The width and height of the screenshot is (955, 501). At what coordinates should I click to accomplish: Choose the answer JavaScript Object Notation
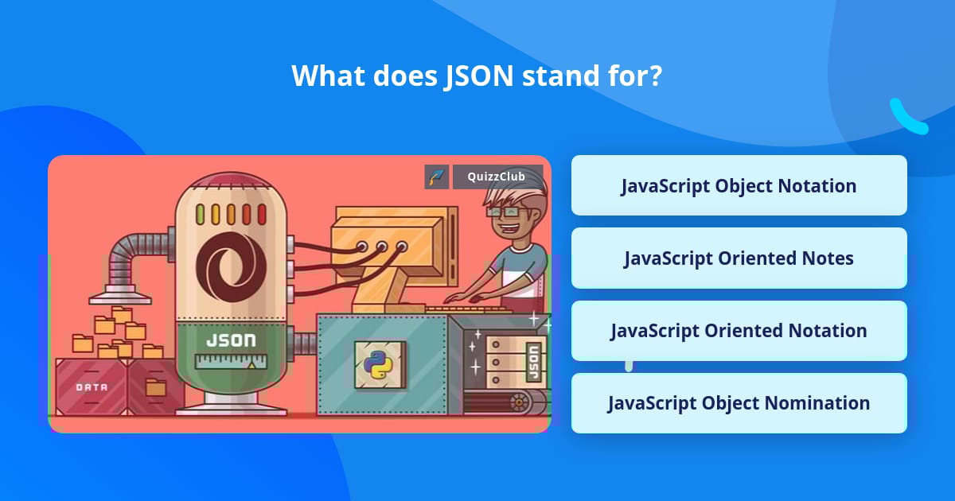tap(739, 186)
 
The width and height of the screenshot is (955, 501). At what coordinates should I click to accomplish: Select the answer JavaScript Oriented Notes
tap(739, 258)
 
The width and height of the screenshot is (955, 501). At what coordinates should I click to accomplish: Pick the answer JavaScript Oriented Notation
tap(739, 331)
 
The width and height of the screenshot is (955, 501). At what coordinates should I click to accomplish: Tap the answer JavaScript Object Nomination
tap(739, 403)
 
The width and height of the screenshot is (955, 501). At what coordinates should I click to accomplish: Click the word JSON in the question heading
tap(477, 76)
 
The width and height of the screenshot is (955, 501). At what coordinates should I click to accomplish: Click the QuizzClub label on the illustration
tap(497, 177)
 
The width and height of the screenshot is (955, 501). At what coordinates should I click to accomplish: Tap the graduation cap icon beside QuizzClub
tap(436, 177)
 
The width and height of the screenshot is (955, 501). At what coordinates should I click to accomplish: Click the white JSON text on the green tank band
tap(231, 340)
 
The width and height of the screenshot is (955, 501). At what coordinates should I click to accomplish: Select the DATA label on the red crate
tap(92, 387)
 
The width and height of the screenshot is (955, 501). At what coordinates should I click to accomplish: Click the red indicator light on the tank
tap(262, 214)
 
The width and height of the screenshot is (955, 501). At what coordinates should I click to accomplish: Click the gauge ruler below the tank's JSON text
tap(231, 363)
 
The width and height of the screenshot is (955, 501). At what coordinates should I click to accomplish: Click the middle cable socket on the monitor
tap(382, 247)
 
